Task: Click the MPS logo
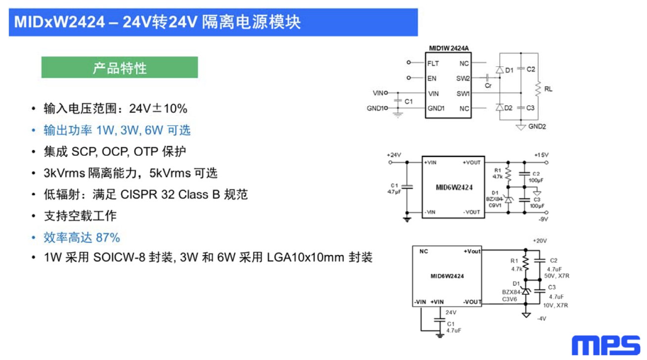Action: click(x=606, y=345)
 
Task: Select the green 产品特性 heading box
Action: click(x=119, y=67)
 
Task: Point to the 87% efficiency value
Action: click(x=108, y=237)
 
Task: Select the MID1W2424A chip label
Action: click(x=448, y=48)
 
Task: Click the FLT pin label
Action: click(x=433, y=63)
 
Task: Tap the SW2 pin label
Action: click(x=463, y=78)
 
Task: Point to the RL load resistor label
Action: click(x=549, y=90)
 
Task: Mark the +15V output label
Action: click(x=541, y=155)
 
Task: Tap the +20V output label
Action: click(x=540, y=241)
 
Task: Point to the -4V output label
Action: click(x=542, y=319)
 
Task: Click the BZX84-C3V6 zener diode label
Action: click(x=511, y=295)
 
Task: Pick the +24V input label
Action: click(x=395, y=155)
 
